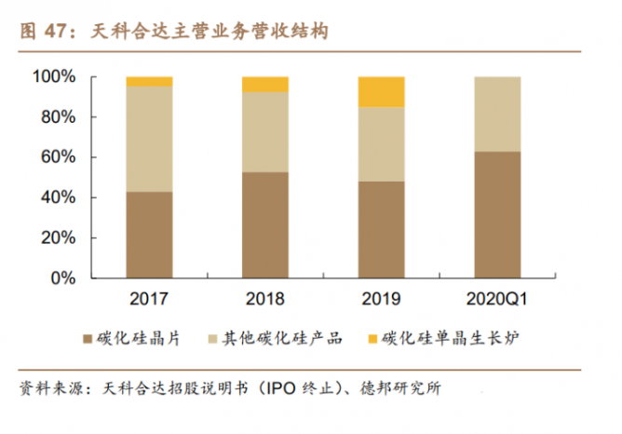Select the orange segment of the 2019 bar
coord(381,91)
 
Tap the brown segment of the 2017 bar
coord(149,235)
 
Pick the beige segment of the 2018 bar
coord(265,131)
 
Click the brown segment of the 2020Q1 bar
coord(497,214)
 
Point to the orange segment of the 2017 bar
coord(149,81)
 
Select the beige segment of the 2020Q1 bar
coord(497,114)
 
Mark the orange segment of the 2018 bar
coord(265,84)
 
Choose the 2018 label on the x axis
coord(265,299)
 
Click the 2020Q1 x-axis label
coord(497,299)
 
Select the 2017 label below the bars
coord(149,299)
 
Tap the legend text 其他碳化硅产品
coord(280,338)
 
